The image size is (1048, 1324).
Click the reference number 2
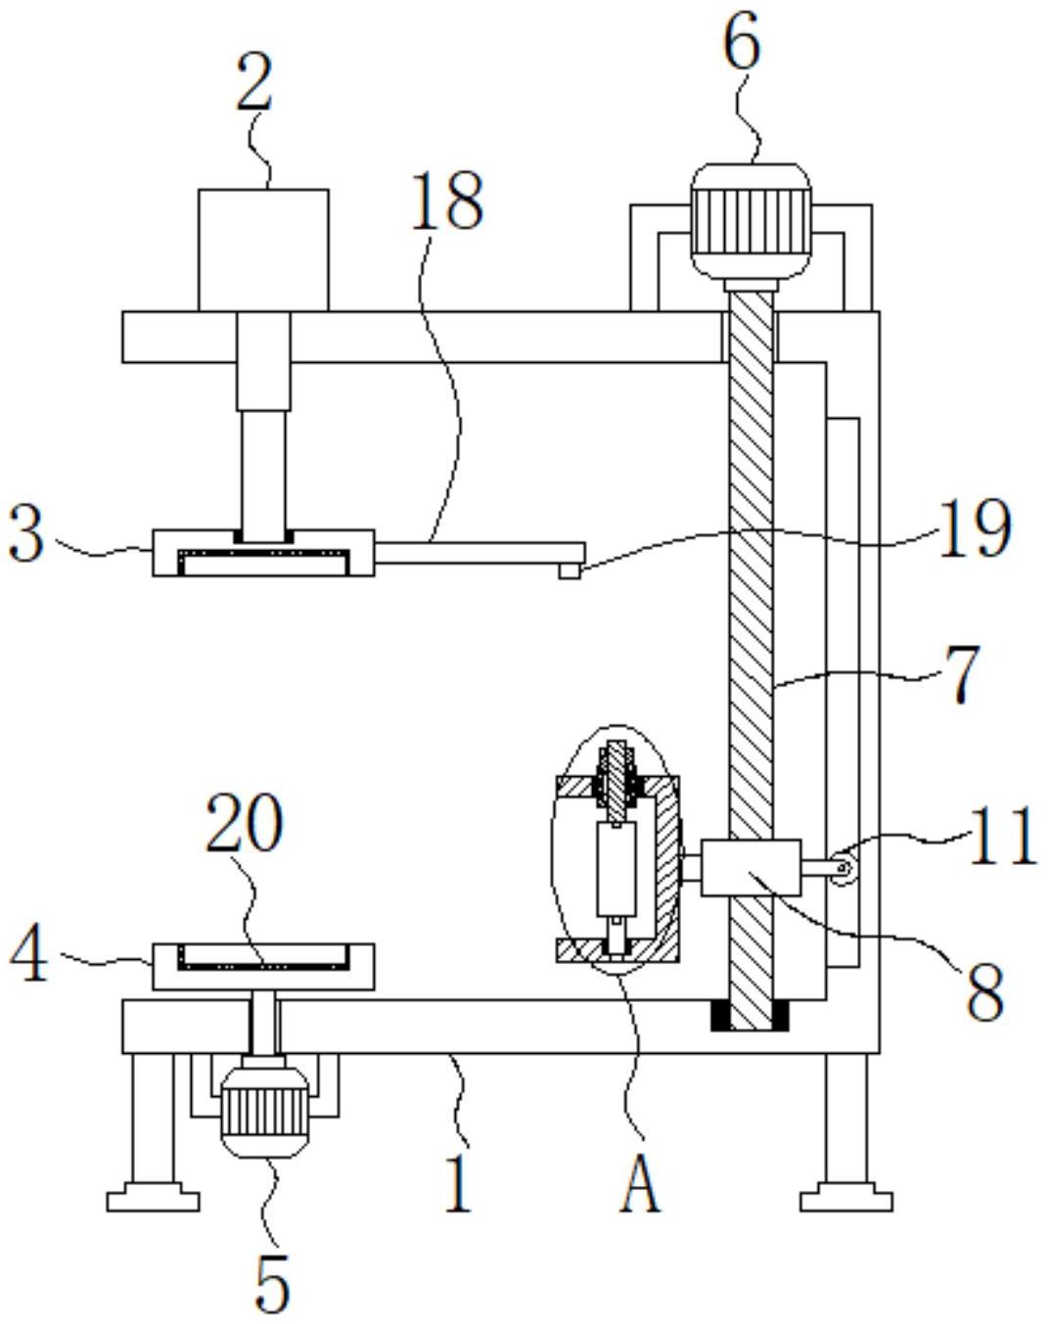[x=254, y=82]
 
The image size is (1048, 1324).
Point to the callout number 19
[x=976, y=527]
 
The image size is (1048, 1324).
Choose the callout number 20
[x=245, y=822]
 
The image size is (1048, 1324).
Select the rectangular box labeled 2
[x=263, y=250]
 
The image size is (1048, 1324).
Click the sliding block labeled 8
[x=751, y=867]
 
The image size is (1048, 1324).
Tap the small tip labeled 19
[x=569, y=571]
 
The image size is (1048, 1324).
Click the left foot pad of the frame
[x=153, y=1201]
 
